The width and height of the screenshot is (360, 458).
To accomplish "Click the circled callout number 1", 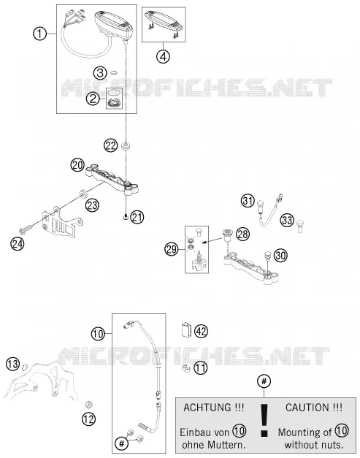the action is pos(39,34).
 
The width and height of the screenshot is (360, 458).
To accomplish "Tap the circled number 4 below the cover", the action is pos(164,56).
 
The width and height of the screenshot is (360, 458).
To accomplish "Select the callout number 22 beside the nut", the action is pos(111,145).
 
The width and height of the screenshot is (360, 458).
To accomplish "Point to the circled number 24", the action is pos(18,243).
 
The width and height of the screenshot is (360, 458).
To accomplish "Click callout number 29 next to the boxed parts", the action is pos(172,249).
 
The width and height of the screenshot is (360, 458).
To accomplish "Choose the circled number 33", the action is pos(287,220).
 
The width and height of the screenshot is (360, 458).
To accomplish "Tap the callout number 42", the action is pos(201,331).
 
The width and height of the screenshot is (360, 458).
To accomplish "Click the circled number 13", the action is pos(13,364).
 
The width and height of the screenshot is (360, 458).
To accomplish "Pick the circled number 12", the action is pos(89,419).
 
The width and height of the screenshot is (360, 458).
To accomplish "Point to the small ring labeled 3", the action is pos(115,72).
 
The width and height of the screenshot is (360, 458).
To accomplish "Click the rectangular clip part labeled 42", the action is pos(185,329).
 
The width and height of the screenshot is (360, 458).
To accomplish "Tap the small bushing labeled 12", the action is pos(88,405).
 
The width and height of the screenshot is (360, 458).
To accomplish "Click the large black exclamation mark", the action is pos(264,420).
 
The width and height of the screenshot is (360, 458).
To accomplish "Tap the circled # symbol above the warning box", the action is pos(264,381).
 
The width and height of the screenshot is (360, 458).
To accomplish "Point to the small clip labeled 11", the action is pos(185,368).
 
